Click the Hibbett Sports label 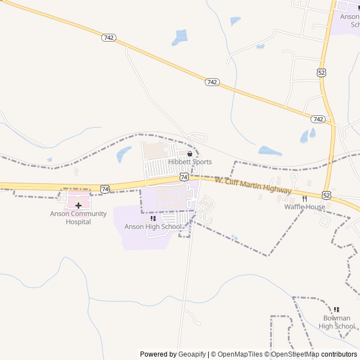coord(190,162)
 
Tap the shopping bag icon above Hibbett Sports coord(190,154)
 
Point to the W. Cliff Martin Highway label coord(253,185)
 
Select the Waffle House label coord(304,207)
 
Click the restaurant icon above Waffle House coord(304,199)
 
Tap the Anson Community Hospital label coord(78,218)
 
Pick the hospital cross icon coord(78,206)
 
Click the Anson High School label coord(153,227)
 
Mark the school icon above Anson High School coord(153,218)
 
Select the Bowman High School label coord(337,322)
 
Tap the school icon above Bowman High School coord(337,309)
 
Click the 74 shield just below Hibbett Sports coord(184,177)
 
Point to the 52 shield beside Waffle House coord(327,195)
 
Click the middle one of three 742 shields coord(211,82)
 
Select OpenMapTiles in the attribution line coord(240,354)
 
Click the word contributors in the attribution coord(339,354)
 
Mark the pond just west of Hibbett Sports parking coord(123,154)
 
